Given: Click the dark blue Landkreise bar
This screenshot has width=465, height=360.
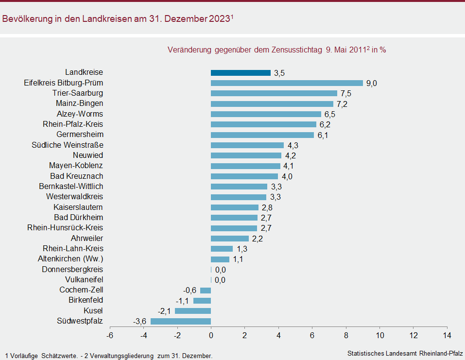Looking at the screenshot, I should point(241,73).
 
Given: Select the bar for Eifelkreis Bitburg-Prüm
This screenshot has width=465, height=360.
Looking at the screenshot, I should point(287,83).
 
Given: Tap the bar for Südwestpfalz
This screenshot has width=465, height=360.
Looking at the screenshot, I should point(181,321).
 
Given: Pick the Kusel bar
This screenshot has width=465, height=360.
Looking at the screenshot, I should point(193,311).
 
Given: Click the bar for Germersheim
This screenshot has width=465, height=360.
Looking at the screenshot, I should point(262,135).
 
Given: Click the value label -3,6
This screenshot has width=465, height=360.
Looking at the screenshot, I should point(140,321).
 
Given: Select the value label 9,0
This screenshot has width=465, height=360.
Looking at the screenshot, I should point(372,83).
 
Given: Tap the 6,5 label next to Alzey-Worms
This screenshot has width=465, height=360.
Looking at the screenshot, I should point(330,114).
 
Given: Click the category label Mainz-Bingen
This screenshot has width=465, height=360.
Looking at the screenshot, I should point(80,103).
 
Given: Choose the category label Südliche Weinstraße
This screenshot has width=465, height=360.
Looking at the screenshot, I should point(68,145).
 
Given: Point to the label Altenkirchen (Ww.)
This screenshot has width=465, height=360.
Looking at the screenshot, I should point(70,259).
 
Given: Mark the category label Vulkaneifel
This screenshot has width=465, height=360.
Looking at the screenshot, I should point(84,279).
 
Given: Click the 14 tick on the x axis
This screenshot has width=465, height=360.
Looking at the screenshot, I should point(447,335).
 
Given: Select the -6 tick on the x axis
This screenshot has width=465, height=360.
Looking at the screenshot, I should point(110,335).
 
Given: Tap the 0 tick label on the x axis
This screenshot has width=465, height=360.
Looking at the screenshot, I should point(211,335).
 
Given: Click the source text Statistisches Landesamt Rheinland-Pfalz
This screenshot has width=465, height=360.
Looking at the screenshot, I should point(405,353).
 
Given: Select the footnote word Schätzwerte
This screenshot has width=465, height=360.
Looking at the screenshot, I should point(59,356).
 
